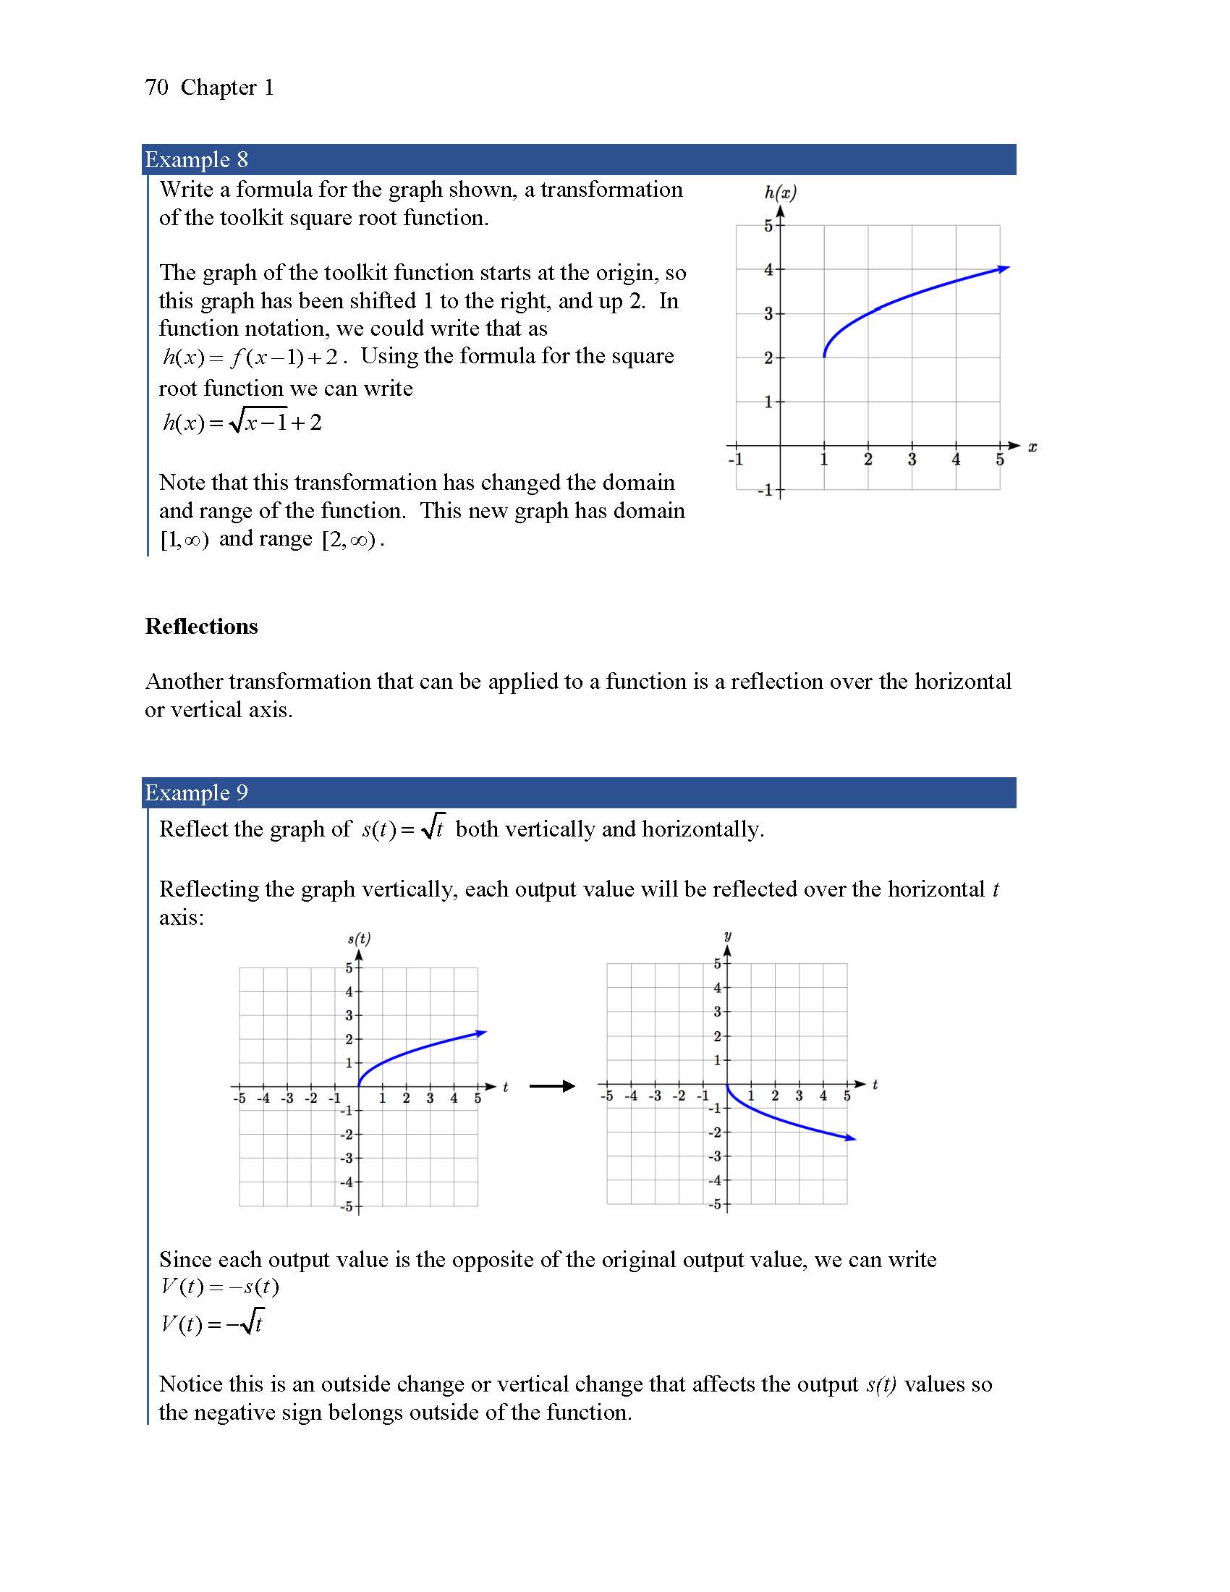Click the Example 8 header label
click(x=196, y=160)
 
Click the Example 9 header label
click(x=196, y=792)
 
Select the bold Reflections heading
click(x=201, y=626)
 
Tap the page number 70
click(x=156, y=88)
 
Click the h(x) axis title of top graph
click(x=780, y=192)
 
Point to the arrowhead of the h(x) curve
click(x=1005, y=268)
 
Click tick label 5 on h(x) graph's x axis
click(x=1000, y=460)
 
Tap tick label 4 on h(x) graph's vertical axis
click(x=768, y=270)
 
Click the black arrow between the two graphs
click(x=551, y=1087)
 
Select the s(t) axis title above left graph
click(x=358, y=939)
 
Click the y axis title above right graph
click(x=727, y=935)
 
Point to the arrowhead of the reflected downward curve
click(x=850, y=1138)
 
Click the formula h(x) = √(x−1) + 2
click(x=241, y=422)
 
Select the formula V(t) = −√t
click(x=212, y=1323)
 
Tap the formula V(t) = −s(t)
click(x=219, y=1287)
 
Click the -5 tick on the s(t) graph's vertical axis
click(x=347, y=1206)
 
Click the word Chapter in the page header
click(x=218, y=88)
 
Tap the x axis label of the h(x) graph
click(x=1032, y=446)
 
